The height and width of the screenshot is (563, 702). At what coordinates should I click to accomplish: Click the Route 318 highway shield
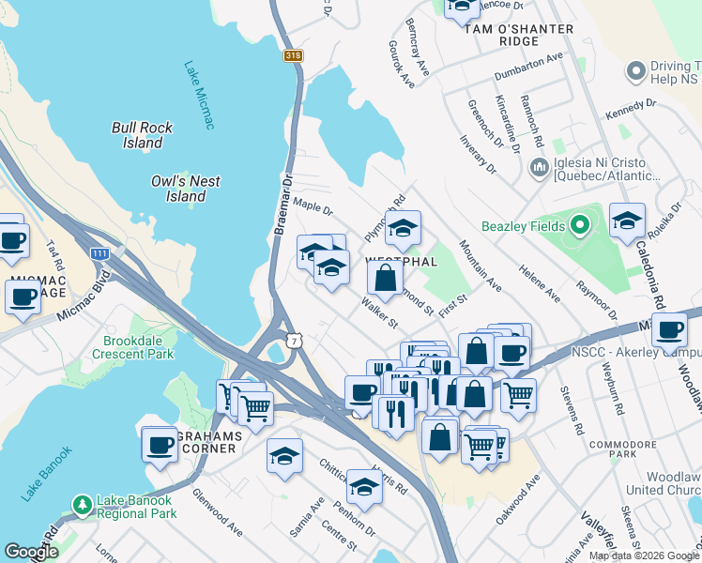(293, 56)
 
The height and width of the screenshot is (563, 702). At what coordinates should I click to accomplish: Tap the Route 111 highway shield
(99, 253)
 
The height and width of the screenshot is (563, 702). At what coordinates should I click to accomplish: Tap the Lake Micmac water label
(200, 95)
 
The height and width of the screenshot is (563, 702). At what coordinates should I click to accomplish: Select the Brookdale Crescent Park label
(133, 347)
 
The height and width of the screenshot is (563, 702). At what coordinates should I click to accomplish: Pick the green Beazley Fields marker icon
(580, 225)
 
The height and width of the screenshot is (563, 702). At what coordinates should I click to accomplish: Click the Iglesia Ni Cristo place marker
(540, 168)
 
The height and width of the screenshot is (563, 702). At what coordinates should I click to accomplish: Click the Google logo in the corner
(31, 552)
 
